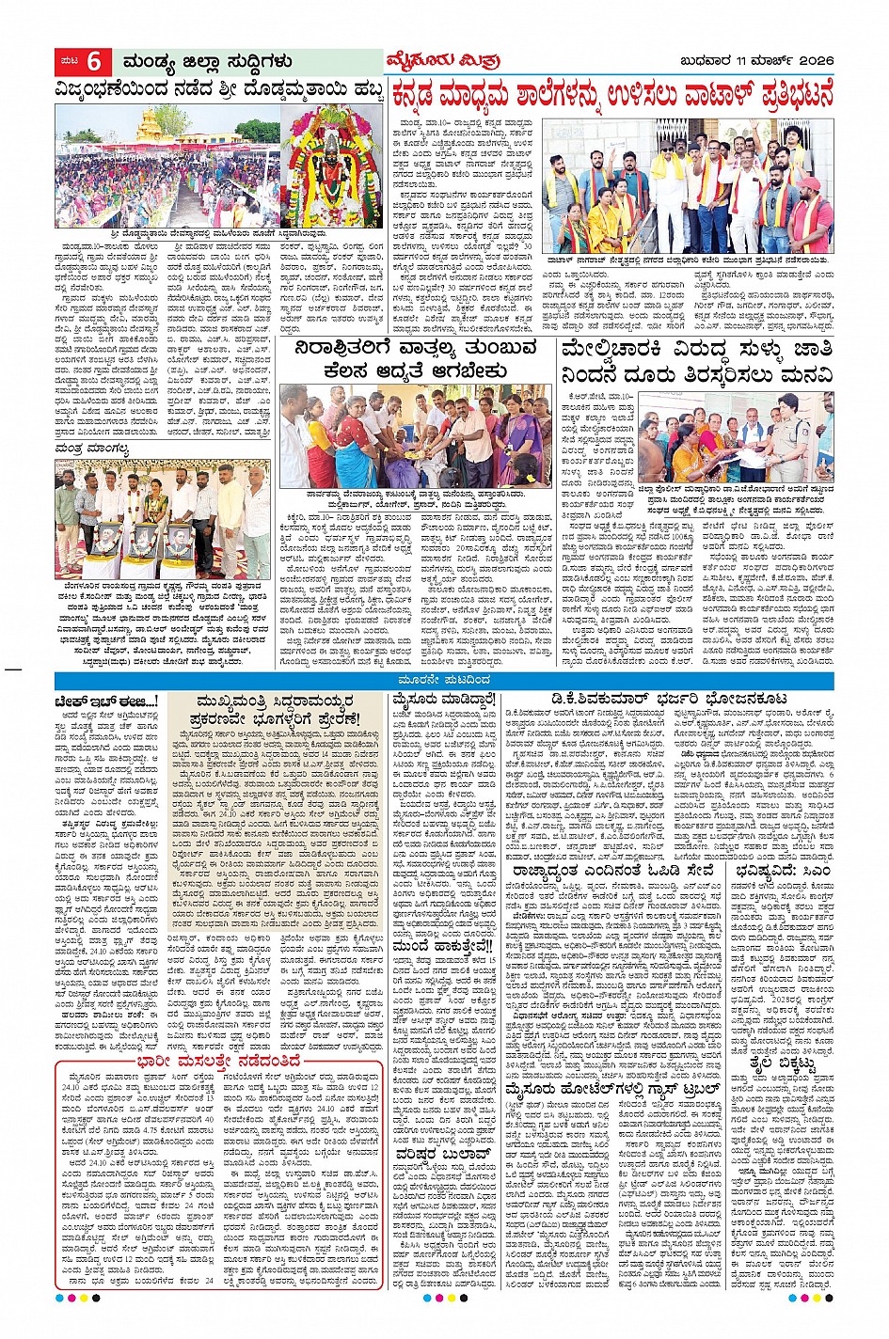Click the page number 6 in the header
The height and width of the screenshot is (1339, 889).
(x=93, y=62)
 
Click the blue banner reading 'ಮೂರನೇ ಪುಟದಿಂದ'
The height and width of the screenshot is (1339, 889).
(x=444, y=679)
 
